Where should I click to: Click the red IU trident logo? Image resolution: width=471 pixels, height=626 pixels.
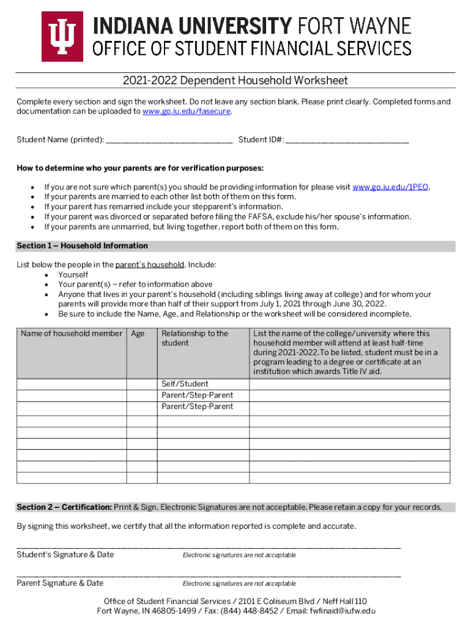62,37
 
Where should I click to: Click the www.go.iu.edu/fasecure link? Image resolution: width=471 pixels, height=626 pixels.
187,112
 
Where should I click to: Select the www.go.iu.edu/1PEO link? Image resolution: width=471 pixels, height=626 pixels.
391,187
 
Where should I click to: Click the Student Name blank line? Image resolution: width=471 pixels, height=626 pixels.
169,141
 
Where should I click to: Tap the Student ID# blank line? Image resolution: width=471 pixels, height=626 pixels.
347,141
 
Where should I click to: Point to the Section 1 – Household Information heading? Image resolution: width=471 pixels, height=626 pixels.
82,246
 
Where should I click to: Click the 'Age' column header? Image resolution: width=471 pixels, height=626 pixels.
138,334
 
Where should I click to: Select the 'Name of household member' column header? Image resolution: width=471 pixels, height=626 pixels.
71,334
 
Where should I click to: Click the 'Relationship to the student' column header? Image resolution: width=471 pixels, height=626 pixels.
195,338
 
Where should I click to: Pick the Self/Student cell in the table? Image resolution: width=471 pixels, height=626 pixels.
185,384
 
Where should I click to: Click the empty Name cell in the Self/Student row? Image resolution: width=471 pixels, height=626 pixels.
71,384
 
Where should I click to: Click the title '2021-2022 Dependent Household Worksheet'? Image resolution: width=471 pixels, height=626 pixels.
235,81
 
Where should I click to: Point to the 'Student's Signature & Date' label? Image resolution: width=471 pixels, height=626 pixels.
65,554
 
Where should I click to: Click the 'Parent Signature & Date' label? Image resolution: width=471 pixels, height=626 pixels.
60,583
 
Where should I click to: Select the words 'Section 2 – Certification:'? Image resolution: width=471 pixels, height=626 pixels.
64,507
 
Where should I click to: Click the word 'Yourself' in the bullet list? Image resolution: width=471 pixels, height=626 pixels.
73,275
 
